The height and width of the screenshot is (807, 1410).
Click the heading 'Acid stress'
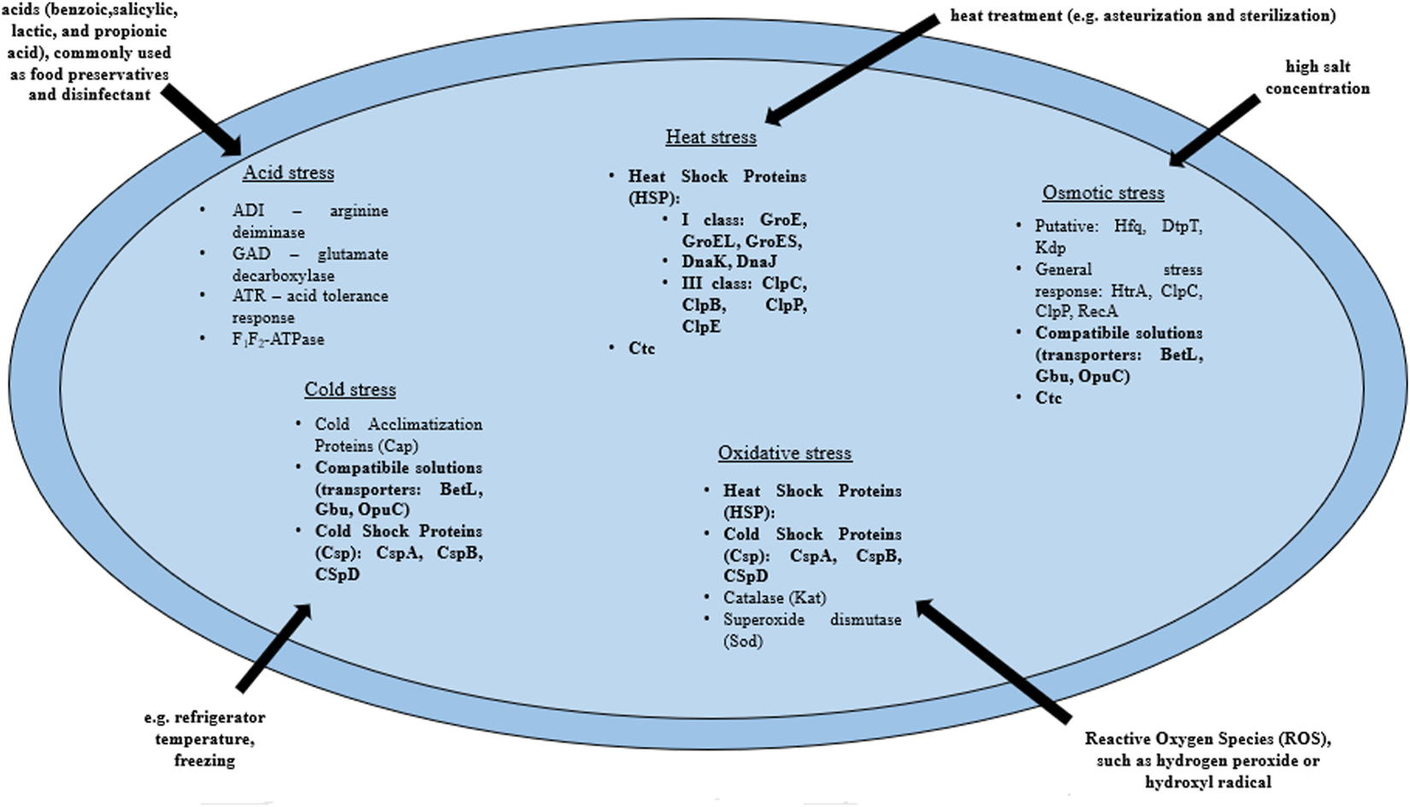coord(288,173)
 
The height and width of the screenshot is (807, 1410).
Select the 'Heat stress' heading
coord(711,137)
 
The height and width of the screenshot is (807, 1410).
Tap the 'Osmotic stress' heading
coord(1102,193)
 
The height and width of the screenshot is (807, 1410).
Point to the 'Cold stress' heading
coord(350,390)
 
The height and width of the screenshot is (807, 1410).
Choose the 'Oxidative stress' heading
coord(784,453)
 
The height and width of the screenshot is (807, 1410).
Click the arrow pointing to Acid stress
coord(204,120)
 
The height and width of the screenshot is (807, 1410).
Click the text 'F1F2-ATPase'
coord(278,339)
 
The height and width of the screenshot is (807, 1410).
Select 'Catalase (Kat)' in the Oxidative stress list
coord(774,598)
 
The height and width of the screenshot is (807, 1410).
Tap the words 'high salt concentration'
coord(1317,77)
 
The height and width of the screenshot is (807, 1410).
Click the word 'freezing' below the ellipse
coord(204,760)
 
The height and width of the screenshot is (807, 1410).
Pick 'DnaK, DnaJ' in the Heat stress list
coord(729,262)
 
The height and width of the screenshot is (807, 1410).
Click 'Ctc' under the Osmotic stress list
coord(1048,398)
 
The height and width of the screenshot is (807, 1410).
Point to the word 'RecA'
coord(1097,311)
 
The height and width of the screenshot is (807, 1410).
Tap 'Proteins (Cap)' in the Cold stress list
coord(366,445)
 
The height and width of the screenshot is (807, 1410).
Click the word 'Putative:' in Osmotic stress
coord(1066,227)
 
